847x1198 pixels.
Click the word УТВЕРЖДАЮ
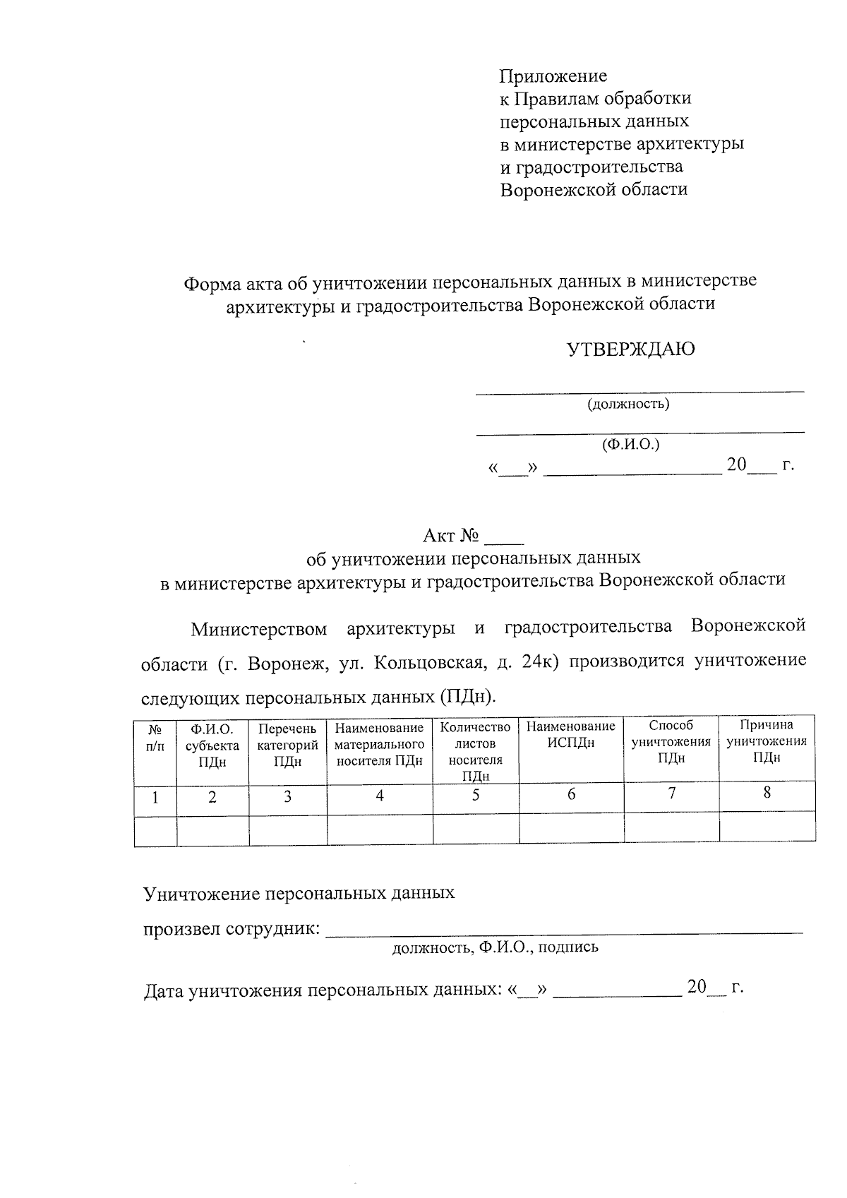[631, 349]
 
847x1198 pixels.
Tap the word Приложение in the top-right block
[553, 76]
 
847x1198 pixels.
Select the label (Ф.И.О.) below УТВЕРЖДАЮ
[630, 445]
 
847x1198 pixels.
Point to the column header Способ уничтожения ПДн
[671, 741]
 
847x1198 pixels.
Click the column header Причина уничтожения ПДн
[767, 741]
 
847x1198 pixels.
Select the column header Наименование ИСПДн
[571, 734]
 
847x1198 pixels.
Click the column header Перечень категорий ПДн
[287, 745]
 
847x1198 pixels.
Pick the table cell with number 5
[476, 796]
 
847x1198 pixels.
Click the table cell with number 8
[767, 793]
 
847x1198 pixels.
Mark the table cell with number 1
[155, 798]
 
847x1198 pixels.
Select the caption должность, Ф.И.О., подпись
[495, 947]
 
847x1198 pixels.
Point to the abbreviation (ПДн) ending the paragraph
[467, 697]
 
